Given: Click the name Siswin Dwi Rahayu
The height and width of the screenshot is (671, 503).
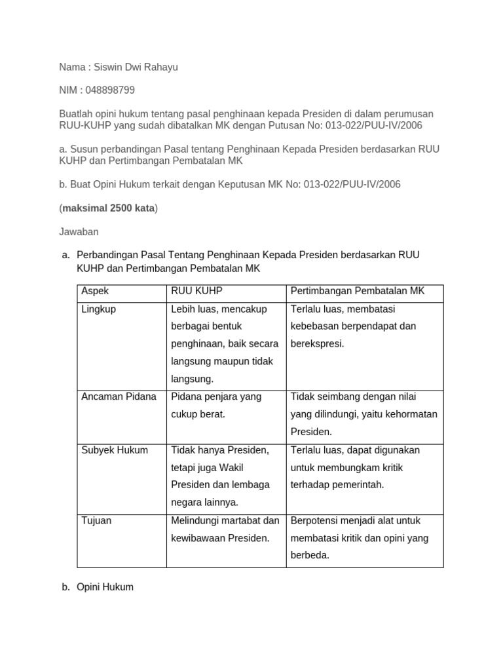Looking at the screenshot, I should pos(136,67).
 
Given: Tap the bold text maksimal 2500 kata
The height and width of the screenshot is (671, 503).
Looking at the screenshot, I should pos(109,208).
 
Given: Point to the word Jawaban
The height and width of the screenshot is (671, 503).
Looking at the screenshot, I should pos(79,231).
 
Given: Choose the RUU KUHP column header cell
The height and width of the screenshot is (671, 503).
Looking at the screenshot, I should pos(196,291).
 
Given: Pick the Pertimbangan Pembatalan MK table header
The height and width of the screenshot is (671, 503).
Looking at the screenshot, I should pos(357,291).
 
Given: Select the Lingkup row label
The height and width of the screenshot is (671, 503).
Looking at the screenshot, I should pos(98,309).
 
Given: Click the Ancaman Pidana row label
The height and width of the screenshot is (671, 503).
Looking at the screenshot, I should pos(119,396).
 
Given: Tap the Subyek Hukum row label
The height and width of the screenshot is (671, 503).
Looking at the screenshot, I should pos(115,450).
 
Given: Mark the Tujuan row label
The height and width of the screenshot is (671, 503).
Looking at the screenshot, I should pos(96,521).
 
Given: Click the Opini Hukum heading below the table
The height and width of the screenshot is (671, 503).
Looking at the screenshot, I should pos(105,587).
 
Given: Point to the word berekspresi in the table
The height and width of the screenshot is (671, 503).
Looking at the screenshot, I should pos(317,344).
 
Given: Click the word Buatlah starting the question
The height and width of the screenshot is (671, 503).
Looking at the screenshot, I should pos(77,114).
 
